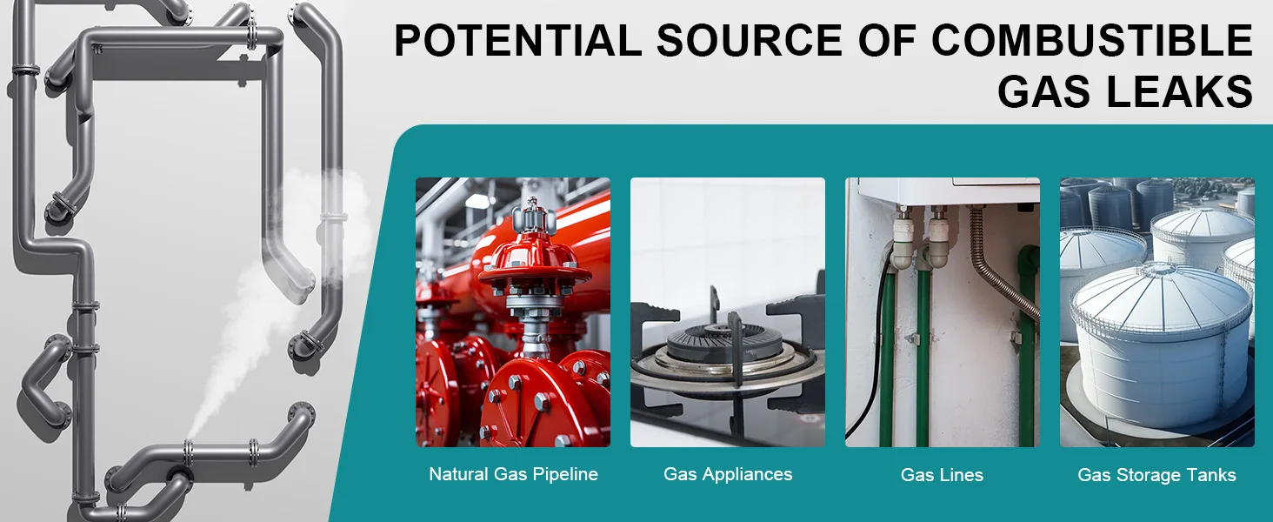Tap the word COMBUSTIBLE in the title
tap(1092, 40)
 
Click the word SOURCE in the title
tap(749, 40)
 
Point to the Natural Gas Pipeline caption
tap(513, 474)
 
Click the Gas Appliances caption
tap(728, 474)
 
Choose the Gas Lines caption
tap(942, 475)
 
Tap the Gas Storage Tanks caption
tap(1156, 475)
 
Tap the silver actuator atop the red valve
tap(532, 218)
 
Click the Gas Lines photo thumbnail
tap(943, 312)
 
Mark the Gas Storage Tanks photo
tap(1157, 312)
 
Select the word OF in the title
tap(886, 40)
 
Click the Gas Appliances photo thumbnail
tap(728, 312)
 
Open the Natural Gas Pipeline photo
tap(513, 312)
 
